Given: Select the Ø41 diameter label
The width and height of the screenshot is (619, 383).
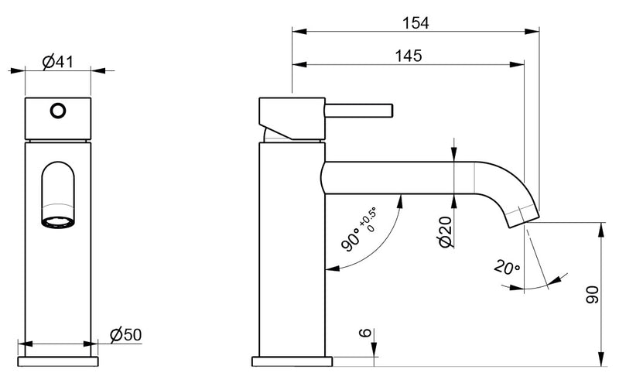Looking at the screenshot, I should click(57, 62).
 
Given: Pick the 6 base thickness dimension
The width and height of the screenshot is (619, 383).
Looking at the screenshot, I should click(364, 333).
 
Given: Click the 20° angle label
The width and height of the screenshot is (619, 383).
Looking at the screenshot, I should click(507, 268).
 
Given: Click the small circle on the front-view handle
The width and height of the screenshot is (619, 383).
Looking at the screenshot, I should click(57, 111).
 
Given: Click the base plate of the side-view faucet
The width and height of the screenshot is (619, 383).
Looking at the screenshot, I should click(292, 360).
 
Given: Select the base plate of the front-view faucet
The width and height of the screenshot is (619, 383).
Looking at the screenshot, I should click(59, 360).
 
